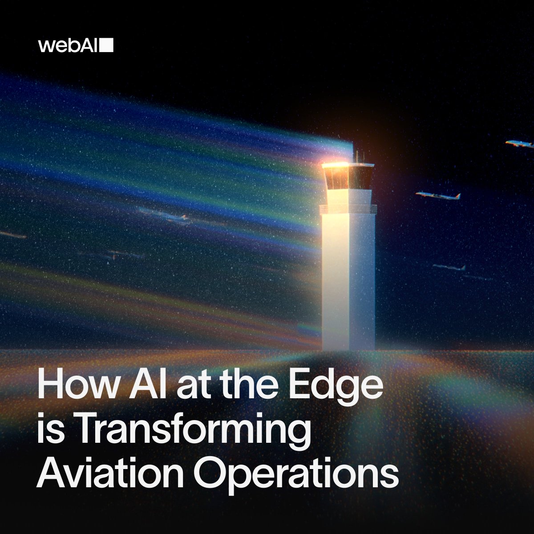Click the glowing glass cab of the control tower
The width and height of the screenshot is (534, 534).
pos(348,176)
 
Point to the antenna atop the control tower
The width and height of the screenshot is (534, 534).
pos(356,156)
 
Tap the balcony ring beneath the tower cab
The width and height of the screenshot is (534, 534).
pos(348,208)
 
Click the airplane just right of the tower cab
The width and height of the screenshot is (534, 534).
pos(438,195)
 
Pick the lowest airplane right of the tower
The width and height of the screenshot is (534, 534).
pos(449,267)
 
